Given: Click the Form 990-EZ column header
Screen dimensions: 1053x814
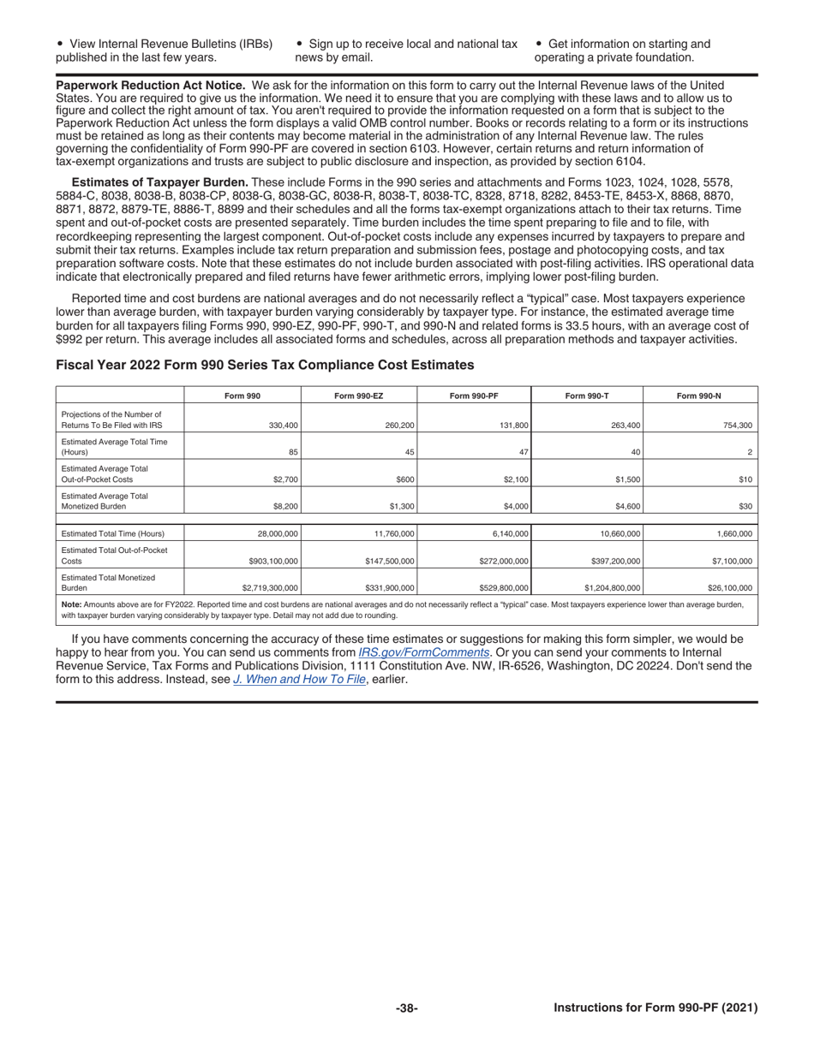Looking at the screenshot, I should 359,395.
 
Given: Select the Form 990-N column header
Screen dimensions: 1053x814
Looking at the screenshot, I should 698,395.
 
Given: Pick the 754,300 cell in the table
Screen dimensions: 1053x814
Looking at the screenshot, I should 734,425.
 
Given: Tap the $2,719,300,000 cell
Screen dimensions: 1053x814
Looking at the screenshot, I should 269,588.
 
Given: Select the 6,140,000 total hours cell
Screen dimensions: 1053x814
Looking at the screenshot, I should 507,533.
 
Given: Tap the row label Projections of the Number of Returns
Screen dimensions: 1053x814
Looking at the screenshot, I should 111,419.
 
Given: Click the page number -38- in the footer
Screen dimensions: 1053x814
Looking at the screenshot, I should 406,1008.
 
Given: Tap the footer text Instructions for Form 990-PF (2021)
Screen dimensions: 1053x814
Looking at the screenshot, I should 655,1008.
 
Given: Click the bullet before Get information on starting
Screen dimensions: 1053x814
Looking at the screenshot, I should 538,44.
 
